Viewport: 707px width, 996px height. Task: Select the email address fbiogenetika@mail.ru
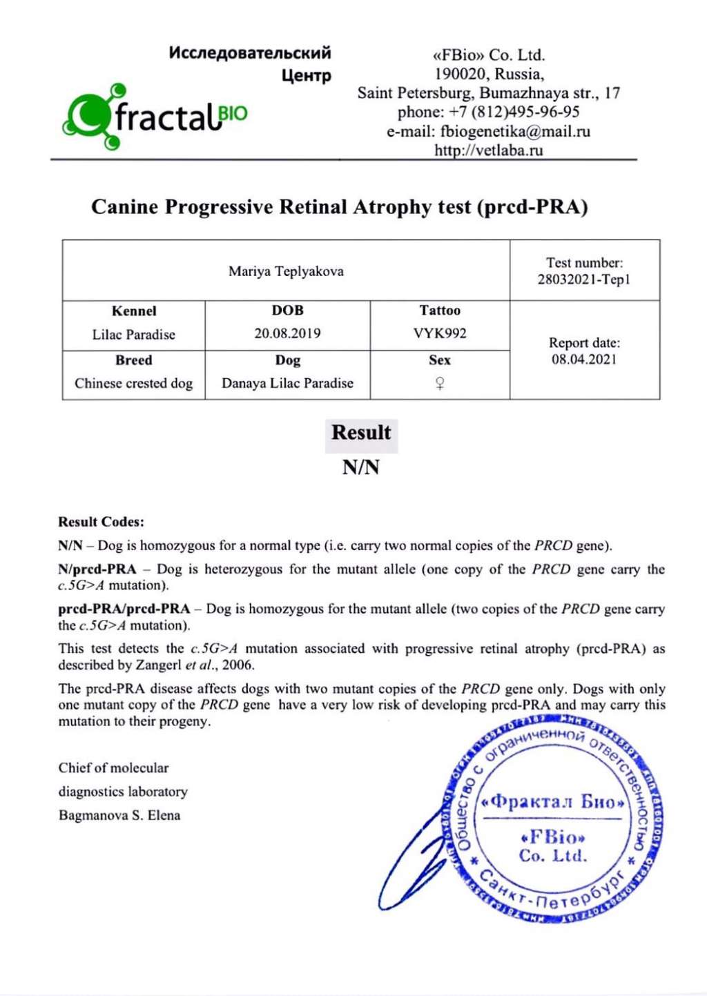click(x=515, y=132)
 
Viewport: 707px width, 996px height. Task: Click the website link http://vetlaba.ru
click(x=488, y=150)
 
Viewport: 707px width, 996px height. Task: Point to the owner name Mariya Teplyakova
click(x=286, y=271)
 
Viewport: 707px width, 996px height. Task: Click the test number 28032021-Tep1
click(x=584, y=280)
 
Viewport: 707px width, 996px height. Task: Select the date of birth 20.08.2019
click(x=287, y=333)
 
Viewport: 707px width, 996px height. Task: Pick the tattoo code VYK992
click(x=440, y=333)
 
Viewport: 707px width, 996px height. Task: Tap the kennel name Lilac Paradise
click(x=134, y=335)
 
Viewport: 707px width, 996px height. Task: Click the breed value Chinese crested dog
click(x=134, y=384)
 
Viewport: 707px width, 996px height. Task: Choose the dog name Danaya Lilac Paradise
click(x=287, y=384)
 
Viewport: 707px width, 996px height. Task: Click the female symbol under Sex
click(x=440, y=384)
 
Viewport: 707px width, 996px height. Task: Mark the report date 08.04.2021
click(x=584, y=360)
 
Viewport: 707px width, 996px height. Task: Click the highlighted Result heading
click(x=361, y=433)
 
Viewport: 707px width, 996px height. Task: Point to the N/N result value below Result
click(x=361, y=468)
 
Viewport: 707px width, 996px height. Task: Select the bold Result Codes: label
click(x=101, y=522)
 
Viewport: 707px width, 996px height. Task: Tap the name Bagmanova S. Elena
click(x=119, y=815)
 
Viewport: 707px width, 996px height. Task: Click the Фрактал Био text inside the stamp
click(x=553, y=802)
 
